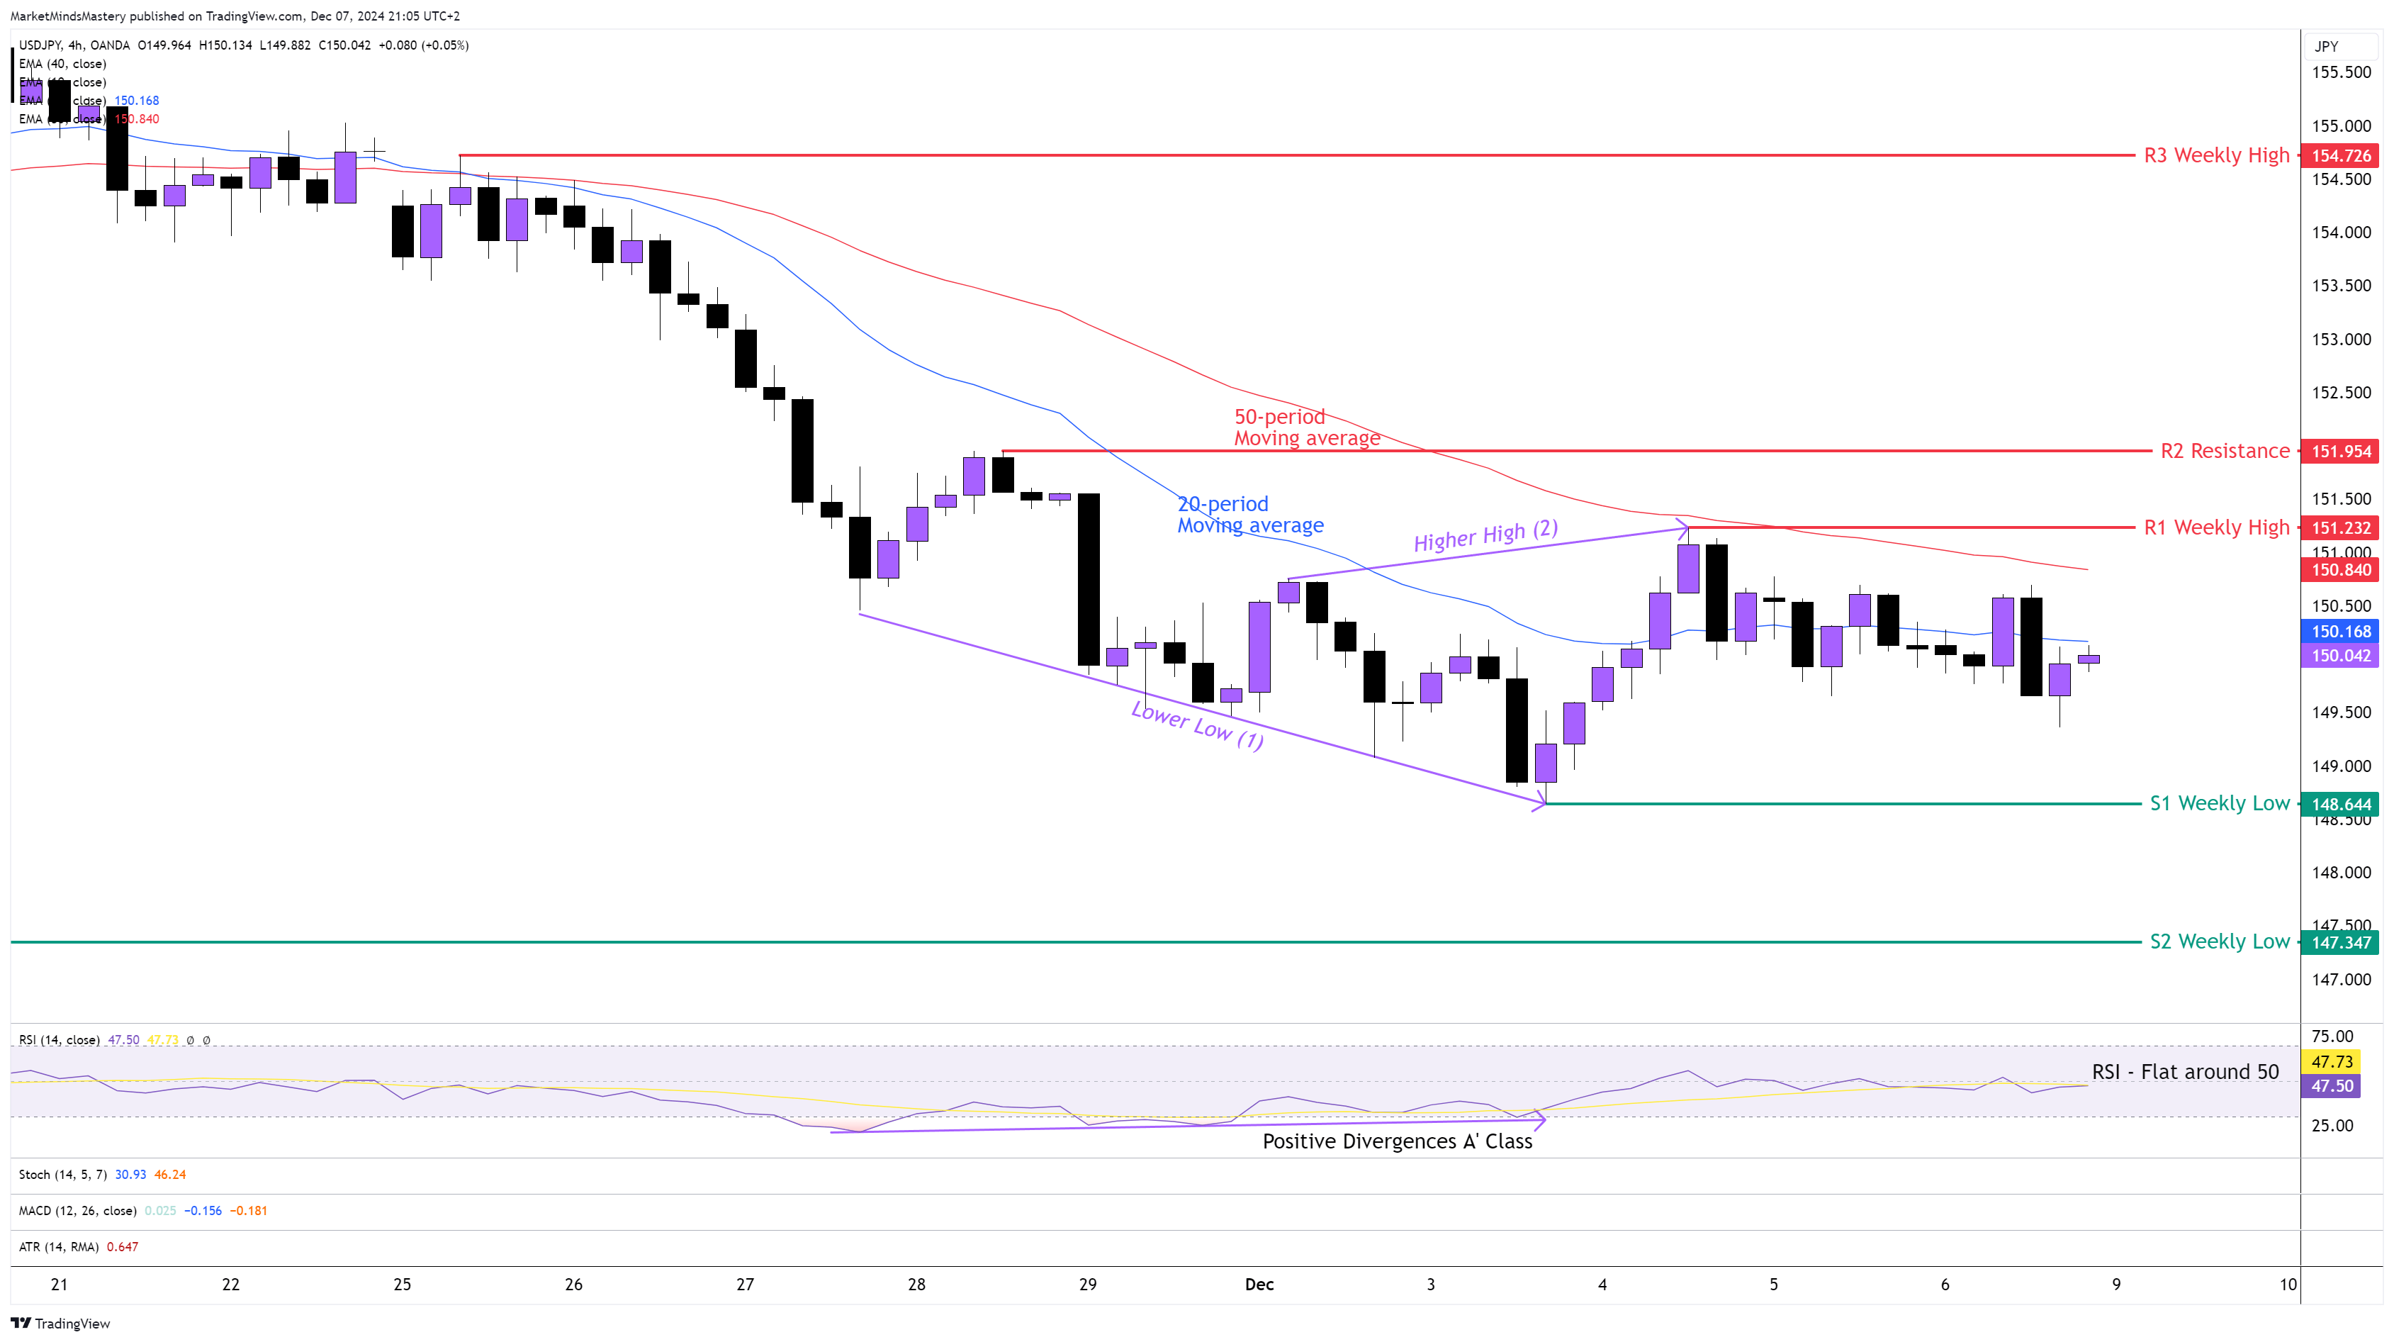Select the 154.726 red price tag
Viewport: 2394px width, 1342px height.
click(x=2340, y=156)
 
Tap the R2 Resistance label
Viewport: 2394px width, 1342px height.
click(x=2224, y=451)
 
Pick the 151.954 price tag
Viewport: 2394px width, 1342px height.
click(x=2340, y=452)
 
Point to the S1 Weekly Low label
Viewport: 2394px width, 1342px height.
click(x=2219, y=803)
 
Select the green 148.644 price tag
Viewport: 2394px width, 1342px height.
click(x=2340, y=804)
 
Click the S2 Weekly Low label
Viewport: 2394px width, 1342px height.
click(x=2219, y=941)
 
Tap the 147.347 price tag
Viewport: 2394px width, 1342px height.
click(x=2340, y=942)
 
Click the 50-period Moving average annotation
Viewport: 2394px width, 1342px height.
click(x=1305, y=427)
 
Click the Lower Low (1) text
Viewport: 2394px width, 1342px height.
click(x=1197, y=725)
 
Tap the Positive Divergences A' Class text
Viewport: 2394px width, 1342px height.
click(x=1397, y=1141)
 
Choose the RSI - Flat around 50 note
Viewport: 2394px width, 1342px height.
click(x=2185, y=1072)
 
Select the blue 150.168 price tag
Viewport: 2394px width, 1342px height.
click(x=2340, y=632)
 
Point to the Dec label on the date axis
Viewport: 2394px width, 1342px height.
click(x=1259, y=1285)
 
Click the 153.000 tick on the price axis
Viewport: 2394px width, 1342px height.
click(x=2340, y=339)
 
